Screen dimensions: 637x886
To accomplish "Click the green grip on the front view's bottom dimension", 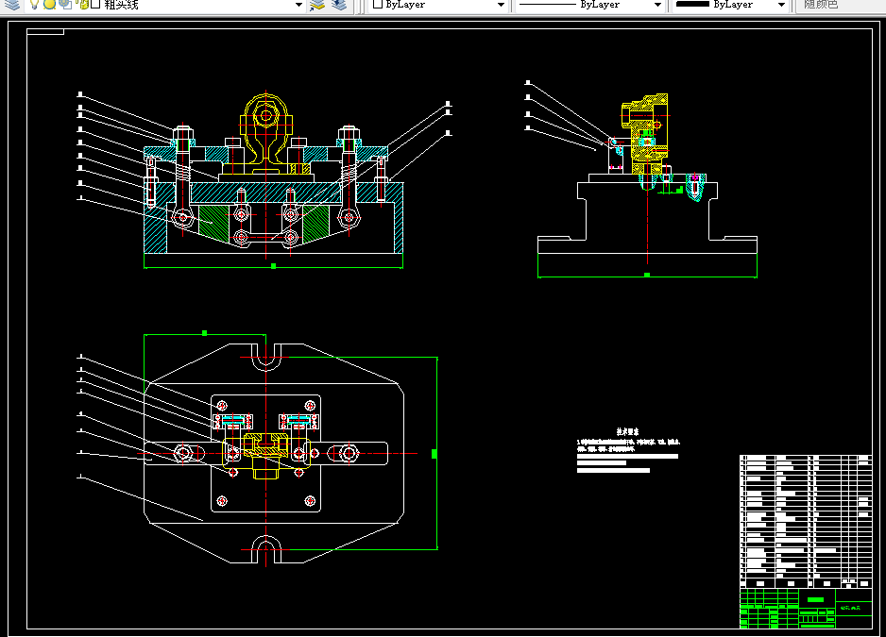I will pyautogui.click(x=273, y=266).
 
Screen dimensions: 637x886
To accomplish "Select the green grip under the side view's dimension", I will pyautogui.click(x=647, y=276).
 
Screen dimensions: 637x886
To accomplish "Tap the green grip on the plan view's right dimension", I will pyautogui.click(x=434, y=454).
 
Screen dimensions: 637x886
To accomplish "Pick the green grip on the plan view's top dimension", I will pyautogui.click(x=205, y=333).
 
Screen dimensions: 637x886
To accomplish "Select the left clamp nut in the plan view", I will pyautogui.click(x=183, y=454).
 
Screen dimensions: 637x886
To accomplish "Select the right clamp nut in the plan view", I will pyautogui.click(x=349, y=454).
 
